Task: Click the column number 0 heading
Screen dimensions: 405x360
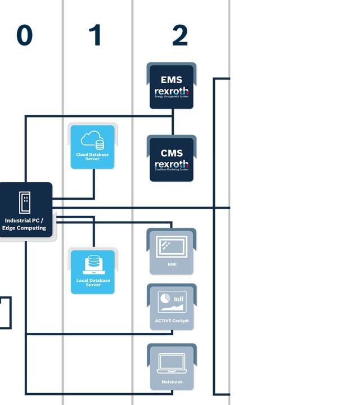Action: click(24, 35)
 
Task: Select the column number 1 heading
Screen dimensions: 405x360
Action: click(96, 35)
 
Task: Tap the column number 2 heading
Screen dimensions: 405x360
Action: click(179, 35)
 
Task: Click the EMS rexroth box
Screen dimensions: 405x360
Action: click(172, 87)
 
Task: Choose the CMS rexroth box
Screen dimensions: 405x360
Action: click(172, 159)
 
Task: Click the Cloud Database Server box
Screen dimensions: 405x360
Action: click(93, 147)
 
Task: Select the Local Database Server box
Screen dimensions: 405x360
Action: click(93, 272)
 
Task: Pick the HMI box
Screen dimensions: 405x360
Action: click(172, 252)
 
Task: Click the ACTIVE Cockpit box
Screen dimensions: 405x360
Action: click(172, 307)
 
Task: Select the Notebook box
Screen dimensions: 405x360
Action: click(172, 367)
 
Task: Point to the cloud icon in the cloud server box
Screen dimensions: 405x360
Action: click(92, 139)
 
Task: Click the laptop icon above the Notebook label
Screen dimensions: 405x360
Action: click(172, 363)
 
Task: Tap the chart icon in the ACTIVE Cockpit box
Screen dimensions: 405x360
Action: click(172, 301)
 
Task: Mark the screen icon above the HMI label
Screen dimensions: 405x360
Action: click(172, 246)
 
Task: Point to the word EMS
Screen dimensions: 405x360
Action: click(172, 79)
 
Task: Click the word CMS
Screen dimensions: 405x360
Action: click(172, 152)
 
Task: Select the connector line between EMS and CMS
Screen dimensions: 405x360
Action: click(173, 121)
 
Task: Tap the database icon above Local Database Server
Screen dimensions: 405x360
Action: click(93, 264)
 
